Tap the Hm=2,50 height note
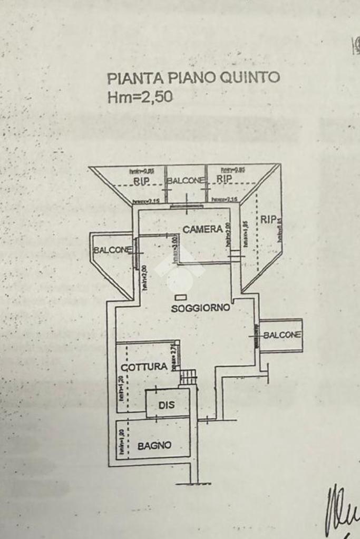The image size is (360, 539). point(140,97)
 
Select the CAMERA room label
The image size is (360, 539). point(202,230)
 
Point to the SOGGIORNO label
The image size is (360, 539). point(200,308)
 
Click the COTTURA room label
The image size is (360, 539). point(144,366)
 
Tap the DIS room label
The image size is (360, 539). point(166,406)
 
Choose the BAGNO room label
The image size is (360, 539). point(154,446)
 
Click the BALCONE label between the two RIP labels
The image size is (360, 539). point(186,181)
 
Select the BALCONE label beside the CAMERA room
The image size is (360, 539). point(112,250)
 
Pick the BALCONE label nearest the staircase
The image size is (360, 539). point(283,335)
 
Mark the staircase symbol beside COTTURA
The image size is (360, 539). point(188,377)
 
